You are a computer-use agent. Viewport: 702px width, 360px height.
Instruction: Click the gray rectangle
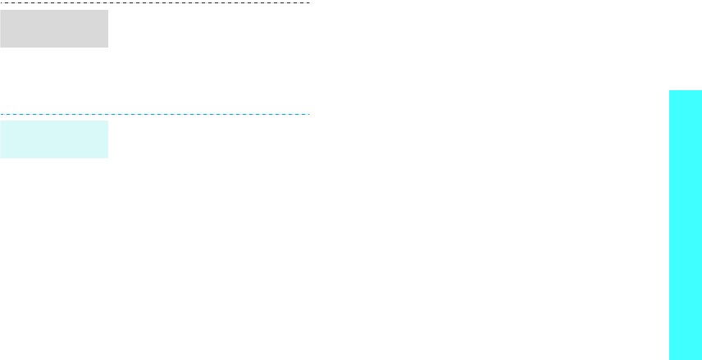click(x=54, y=29)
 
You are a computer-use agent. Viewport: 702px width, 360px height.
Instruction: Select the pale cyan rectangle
click(x=54, y=139)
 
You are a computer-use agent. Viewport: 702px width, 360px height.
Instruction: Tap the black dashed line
click(x=155, y=3)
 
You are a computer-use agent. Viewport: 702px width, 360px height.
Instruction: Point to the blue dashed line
click(x=155, y=114)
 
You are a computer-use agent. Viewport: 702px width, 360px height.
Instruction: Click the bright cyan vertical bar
click(x=686, y=225)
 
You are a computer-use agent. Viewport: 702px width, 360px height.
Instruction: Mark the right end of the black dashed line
click(x=309, y=3)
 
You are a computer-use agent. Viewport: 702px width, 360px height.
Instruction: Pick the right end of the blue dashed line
click(x=309, y=114)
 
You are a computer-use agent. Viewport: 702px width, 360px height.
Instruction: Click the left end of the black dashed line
click(x=1, y=3)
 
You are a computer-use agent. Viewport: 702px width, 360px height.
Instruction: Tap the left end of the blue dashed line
click(x=1, y=114)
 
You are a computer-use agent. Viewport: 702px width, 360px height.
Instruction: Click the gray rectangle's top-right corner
click(x=107, y=11)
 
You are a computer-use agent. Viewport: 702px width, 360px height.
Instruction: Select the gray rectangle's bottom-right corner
click(x=107, y=47)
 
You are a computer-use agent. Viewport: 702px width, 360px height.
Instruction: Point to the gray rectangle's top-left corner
click(x=1, y=11)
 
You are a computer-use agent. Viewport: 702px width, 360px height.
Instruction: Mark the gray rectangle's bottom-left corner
click(x=1, y=47)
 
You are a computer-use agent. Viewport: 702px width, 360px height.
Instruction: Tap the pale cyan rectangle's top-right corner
click(x=107, y=121)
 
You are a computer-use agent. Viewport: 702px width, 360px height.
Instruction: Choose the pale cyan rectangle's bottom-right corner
click(x=107, y=157)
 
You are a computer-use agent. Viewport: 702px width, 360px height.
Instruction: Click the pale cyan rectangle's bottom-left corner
click(x=1, y=157)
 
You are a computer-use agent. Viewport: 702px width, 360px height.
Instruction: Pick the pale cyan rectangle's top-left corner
click(x=1, y=121)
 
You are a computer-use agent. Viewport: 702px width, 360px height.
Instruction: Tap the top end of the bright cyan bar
click(x=686, y=91)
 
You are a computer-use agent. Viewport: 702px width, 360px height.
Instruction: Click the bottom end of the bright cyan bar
click(x=686, y=358)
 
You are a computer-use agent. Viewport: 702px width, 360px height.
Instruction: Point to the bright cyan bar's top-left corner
click(x=669, y=90)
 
